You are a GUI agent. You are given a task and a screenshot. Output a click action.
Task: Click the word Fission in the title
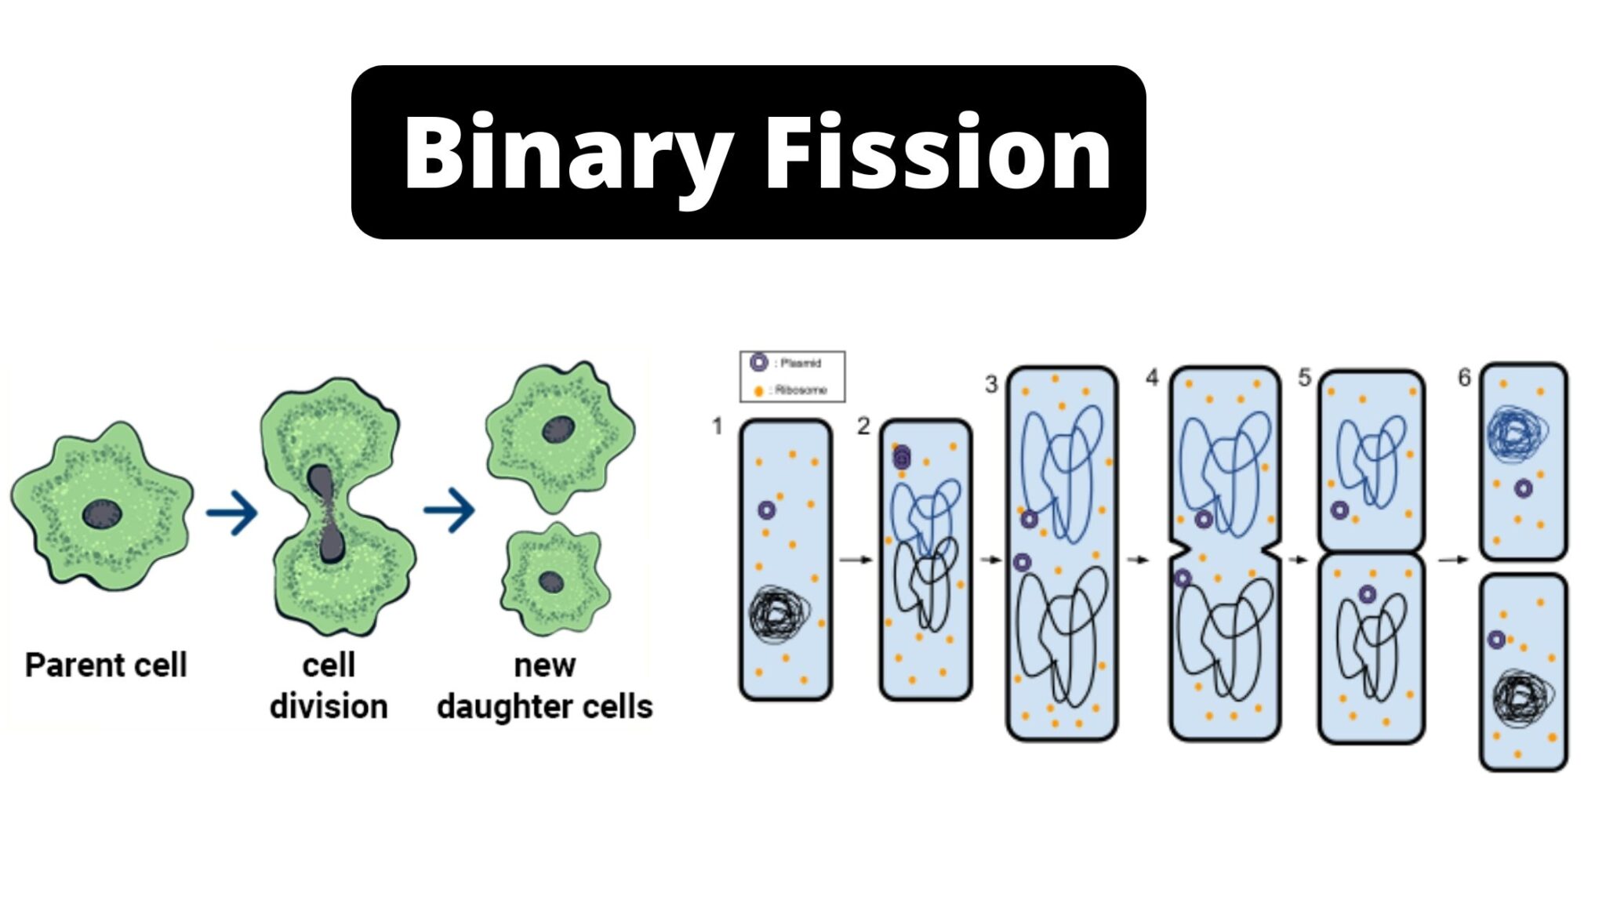[x=938, y=153]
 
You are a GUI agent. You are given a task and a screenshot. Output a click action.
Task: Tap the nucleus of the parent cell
[x=102, y=514]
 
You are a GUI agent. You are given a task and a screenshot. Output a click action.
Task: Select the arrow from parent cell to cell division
[x=232, y=513]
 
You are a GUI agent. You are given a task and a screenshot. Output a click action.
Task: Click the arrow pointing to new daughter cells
[x=449, y=510]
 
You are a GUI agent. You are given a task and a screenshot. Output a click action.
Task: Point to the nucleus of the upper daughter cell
[x=558, y=429]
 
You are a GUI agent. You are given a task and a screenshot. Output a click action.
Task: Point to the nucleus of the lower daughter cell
[x=551, y=582]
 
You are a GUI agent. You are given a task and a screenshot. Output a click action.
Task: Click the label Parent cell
[x=106, y=665]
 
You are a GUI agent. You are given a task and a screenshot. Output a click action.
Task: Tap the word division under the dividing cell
[x=329, y=706]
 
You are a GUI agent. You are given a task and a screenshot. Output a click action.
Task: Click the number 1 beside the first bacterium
[x=717, y=426]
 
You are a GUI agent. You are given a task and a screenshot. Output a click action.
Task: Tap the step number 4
[x=1151, y=378]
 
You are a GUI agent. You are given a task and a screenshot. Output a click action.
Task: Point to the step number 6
[x=1464, y=378]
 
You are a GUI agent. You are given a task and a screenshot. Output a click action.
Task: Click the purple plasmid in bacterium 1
[x=766, y=510]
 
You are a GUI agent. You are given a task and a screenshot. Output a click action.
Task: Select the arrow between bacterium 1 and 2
[x=856, y=560]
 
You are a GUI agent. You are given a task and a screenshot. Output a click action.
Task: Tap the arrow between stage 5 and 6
[x=1453, y=560]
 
